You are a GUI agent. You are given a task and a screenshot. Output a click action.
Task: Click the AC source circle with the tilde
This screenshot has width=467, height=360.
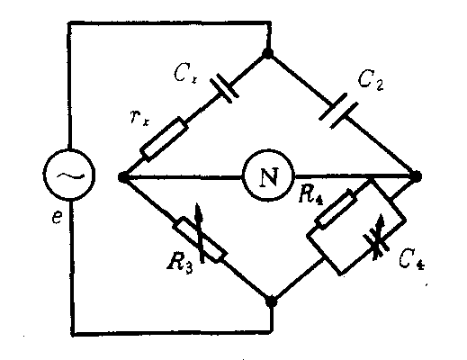click(69, 174)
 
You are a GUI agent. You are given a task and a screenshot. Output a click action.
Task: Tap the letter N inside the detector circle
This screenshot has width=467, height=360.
click(269, 177)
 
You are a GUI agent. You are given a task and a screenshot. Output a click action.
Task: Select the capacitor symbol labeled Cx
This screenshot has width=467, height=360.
click(225, 88)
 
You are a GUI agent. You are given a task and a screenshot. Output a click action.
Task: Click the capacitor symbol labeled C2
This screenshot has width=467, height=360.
click(338, 112)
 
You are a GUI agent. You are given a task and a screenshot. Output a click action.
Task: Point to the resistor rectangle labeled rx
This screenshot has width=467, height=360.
click(164, 139)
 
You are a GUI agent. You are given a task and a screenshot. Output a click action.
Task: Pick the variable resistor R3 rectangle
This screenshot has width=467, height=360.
click(200, 240)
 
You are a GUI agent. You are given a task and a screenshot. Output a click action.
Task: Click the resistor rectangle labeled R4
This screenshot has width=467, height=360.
click(336, 209)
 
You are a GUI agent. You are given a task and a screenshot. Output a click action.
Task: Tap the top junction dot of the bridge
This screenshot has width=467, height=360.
click(268, 53)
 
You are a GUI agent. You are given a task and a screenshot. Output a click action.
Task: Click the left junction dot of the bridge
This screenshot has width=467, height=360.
click(122, 177)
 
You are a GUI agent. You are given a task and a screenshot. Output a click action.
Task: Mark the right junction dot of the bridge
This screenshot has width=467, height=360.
click(417, 176)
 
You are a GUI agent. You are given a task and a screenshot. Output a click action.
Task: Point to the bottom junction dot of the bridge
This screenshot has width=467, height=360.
click(272, 301)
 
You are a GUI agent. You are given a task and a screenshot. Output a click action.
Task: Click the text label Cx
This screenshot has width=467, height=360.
click(185, 74)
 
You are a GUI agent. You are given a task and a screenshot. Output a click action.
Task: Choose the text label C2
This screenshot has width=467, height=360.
click(371, 80)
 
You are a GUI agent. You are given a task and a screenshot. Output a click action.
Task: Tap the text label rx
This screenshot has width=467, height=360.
click(139, 117)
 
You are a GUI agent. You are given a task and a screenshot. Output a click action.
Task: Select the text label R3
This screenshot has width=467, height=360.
click(180, 264)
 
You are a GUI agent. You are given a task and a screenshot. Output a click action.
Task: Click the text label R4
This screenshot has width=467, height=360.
click(310, 196)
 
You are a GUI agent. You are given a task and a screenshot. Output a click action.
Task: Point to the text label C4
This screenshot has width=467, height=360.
click(411, 260)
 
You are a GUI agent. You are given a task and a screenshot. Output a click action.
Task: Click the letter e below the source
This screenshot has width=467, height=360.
click(57, 217)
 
